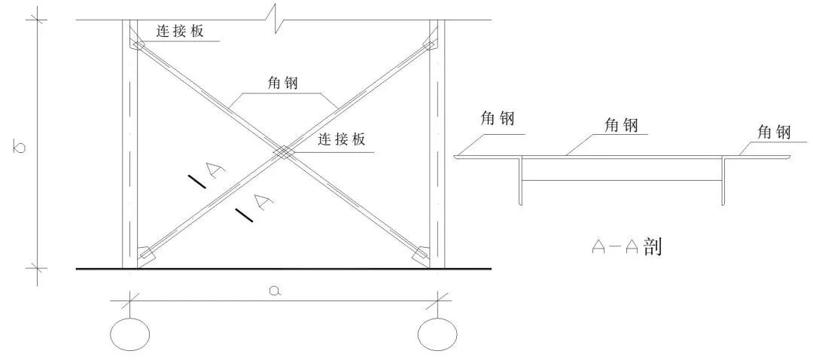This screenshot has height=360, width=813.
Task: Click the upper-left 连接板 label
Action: [x=180, y=32]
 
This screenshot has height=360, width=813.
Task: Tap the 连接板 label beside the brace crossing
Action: [x=342, y=139]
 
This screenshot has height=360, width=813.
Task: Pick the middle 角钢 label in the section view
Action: [x=620, y=124]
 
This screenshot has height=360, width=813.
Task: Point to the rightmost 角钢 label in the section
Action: [x=774, y=133]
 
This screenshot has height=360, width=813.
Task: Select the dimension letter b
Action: [x=20, y=146]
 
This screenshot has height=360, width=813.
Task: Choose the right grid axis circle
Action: [x=437, y=334]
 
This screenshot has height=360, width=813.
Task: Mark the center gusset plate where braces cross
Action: [x=282, y=153]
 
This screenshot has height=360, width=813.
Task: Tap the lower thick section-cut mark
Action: [x=244, y=214]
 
